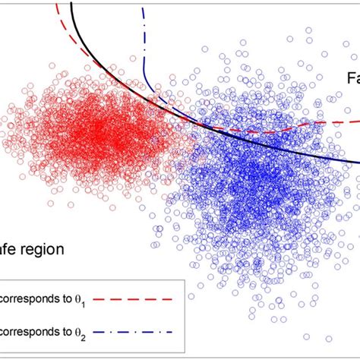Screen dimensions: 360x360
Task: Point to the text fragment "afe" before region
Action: (x=9, y=248)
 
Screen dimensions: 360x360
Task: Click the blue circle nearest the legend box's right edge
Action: (x=191, y=295)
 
